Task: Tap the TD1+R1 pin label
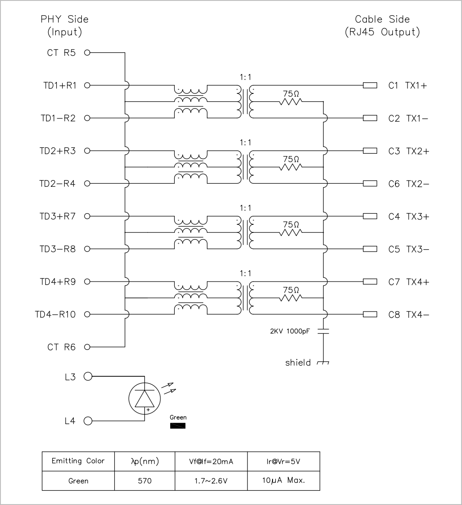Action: (60, 85)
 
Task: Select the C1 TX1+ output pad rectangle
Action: (370, 85)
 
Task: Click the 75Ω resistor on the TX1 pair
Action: (291, 102)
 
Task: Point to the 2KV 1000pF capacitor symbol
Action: (323, 331)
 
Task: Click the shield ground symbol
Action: (323, 362)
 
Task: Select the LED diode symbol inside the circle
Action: (145, 399)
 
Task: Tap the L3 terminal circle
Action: (88, 376)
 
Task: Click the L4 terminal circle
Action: (88, 421)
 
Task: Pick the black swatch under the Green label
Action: (178, 426)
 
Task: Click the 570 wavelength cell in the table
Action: (145, 481)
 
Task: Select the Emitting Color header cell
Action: (78, 461)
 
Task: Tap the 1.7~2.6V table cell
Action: (211, 481)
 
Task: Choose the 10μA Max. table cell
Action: (284, 481)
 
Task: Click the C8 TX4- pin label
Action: (408, 314)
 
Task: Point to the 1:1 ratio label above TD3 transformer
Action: (245, 208)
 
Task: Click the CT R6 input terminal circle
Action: (87, 347)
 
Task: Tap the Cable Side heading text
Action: (382, 19)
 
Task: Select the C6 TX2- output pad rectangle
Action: (370, 184)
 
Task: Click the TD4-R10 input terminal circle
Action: (87, 314)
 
